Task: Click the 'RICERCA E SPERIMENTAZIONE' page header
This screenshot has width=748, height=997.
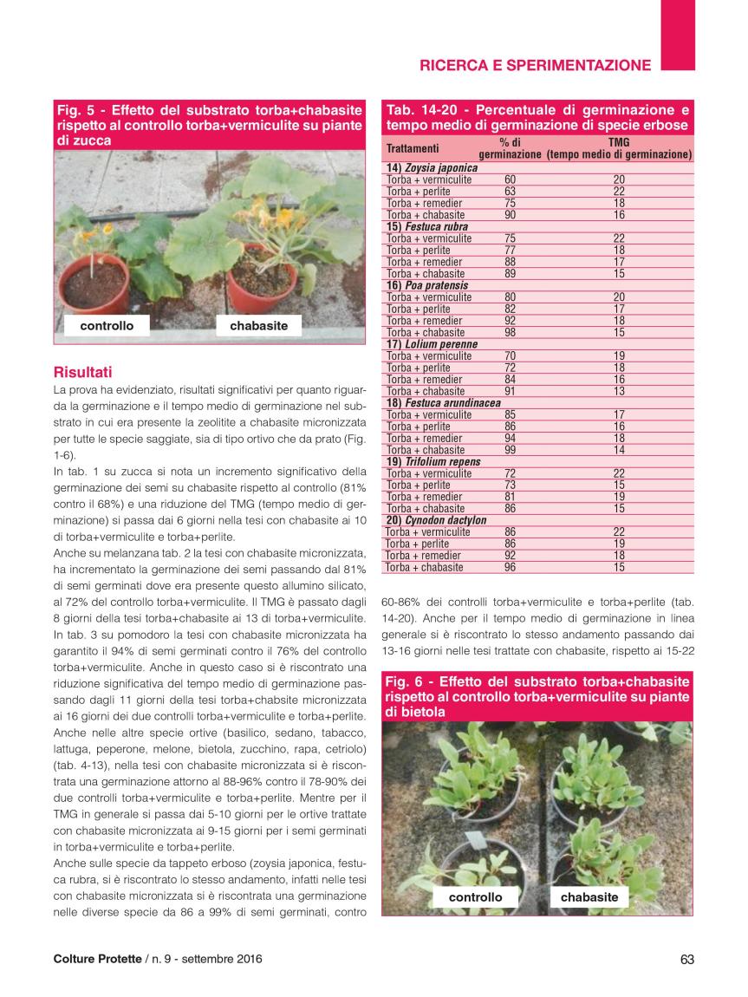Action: [x=535, y=64]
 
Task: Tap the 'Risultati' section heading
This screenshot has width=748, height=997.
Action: [x=82, y=372]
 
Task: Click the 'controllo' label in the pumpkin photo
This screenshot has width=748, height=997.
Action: [x=107, y=326]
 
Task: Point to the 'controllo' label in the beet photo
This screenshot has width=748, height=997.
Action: [x=475, y=897]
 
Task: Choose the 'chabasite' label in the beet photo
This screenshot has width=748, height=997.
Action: [x=589, y=897]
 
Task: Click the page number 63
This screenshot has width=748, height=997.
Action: [x=687, y=959]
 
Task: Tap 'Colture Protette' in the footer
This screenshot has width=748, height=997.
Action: [x=97, y=959]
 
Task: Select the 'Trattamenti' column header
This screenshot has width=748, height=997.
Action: [x=413, y=148]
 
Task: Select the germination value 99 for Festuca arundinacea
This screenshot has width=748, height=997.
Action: [x=510, y=450]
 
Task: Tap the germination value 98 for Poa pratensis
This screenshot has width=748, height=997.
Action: [x=510, y=332]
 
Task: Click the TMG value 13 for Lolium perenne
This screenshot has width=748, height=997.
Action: [x=619, y=391]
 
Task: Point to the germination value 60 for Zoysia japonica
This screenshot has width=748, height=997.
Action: [x=510, y=179]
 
